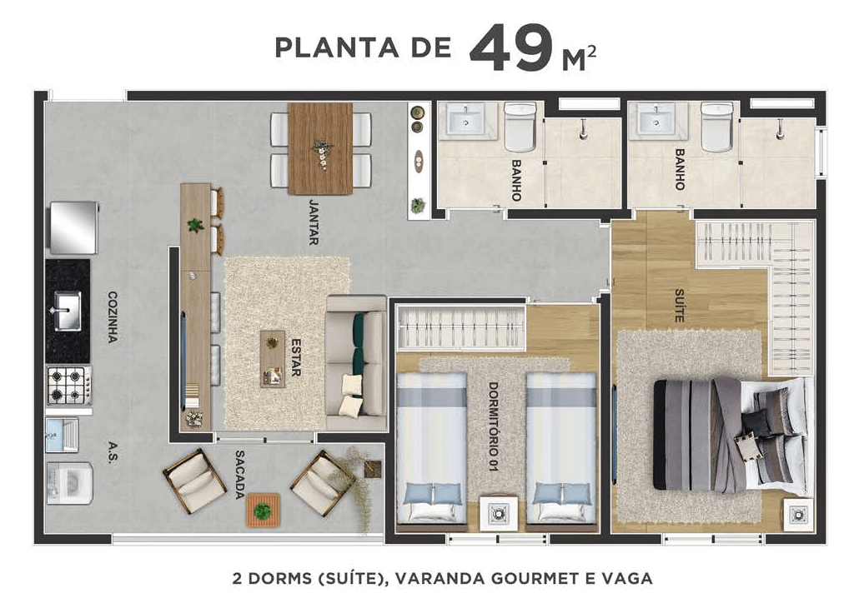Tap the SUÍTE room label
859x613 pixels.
tap(680, 306)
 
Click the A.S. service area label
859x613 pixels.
tap(112, 451)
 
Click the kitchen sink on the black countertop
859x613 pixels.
tap(66, 309)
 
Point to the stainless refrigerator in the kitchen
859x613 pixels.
tap(73, 227)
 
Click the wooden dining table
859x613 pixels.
tap(320, 147)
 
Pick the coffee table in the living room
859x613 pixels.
tap(272, 358)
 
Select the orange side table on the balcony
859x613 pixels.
tap(263, 510)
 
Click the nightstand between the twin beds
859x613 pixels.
tap(497, 512)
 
